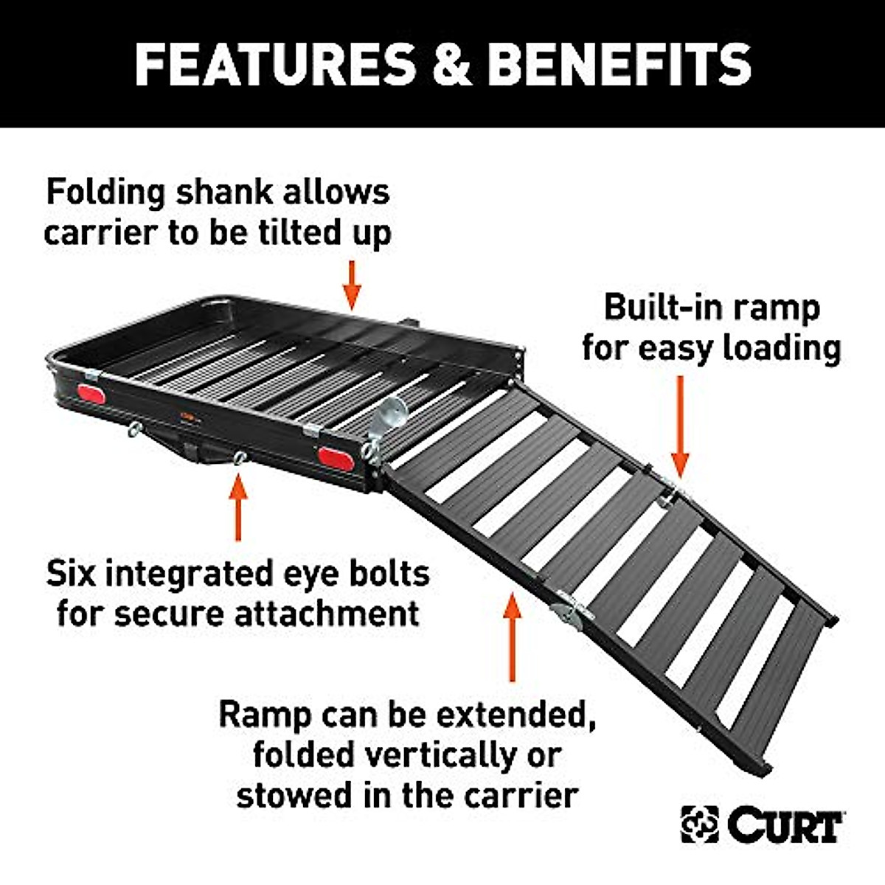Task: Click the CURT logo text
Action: (x=785, y=825)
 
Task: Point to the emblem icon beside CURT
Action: (x=699, y=825)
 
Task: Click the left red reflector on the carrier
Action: (x=94, y=395)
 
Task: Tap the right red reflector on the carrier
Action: (x=336, y=457)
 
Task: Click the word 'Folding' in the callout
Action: (x=105, y=193)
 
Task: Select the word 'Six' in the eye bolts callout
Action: (x=72, y=573)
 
